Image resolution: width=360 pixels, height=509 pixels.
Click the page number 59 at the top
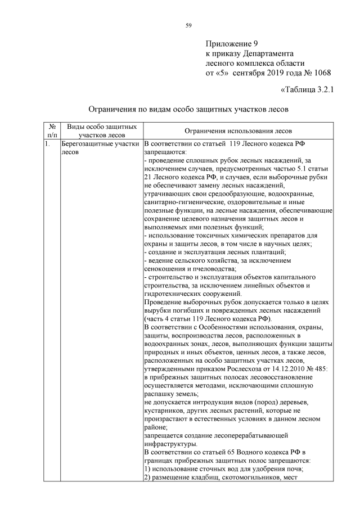coord(188,24)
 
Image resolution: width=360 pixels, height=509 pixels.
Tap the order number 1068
coord(318,73)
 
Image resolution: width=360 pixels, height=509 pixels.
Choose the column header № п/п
coord(52,130)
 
